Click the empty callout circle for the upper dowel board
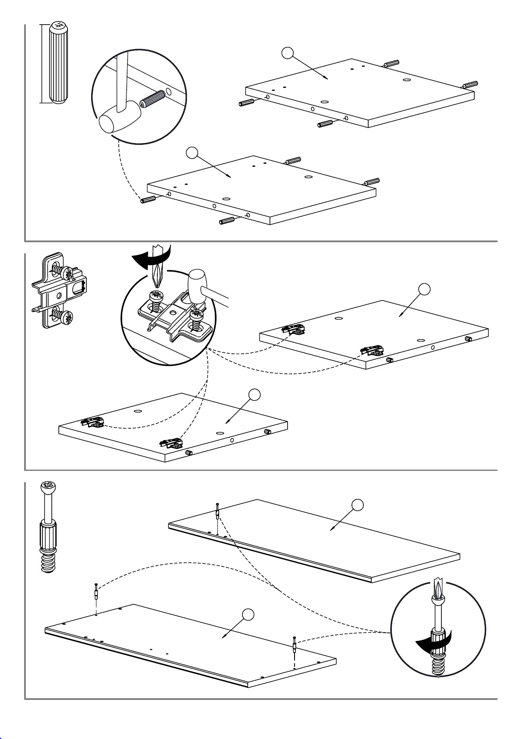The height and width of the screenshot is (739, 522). (x=288, y=53)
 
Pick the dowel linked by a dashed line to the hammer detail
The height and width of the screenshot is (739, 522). (x=149, y=200)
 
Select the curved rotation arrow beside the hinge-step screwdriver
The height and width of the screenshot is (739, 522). (x=151, y=259)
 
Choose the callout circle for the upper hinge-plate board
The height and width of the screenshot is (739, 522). (x=424, y=289)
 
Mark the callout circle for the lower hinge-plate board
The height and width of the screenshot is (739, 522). (x=254, y=395)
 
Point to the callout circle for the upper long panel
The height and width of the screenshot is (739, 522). (x=358, y=505)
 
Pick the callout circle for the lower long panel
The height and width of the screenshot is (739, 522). (x=248, y=615)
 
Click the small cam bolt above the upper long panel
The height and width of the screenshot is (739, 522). (x=217, y=511)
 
